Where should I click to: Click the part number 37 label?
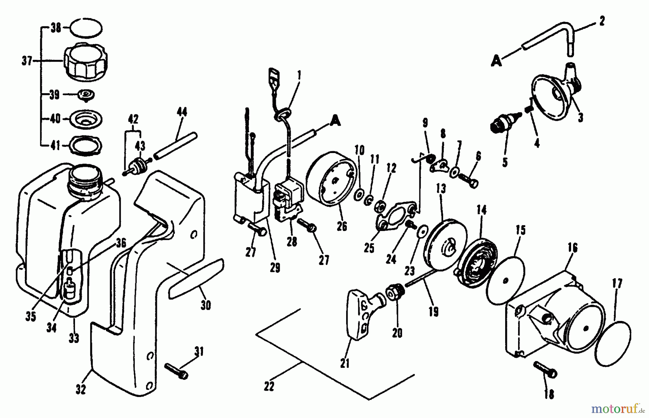point(27,61)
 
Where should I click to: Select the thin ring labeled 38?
point(86,28)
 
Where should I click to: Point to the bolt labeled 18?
point(546,369)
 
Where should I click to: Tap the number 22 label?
point(269,387)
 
